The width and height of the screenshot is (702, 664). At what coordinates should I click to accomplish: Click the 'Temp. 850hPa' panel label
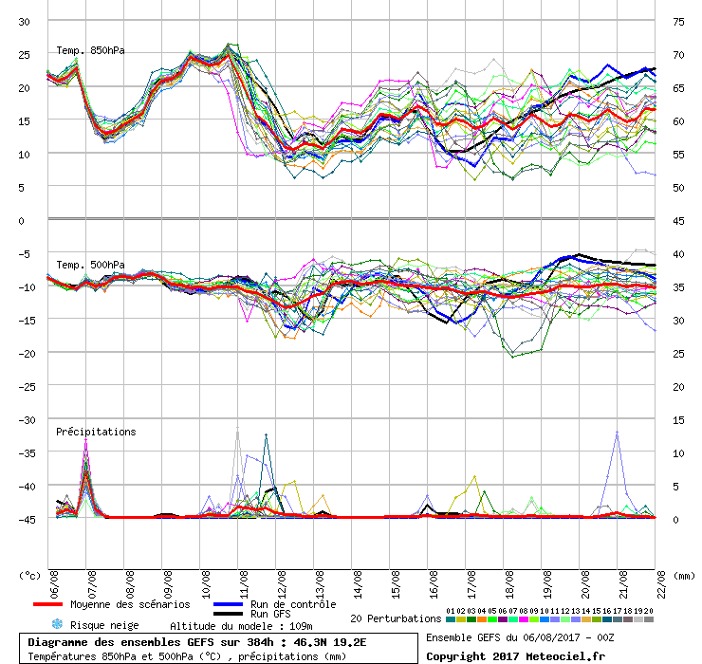click(90, 50)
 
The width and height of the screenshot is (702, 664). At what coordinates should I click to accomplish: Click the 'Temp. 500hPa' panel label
click(90, 265)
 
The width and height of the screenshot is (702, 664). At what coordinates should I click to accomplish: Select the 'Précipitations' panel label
click(96, 432)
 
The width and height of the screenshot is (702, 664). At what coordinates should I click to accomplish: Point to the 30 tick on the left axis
click(26, 21)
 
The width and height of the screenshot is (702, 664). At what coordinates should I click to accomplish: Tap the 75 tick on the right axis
click(678, 21)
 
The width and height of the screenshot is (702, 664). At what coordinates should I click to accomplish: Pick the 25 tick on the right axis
click(678, 353)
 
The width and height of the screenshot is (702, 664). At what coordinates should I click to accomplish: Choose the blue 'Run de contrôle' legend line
click(229, 604)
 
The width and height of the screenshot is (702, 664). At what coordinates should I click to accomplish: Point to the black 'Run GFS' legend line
click(229, 614)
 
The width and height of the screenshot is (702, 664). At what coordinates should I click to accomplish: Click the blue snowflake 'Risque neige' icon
click(57, 624)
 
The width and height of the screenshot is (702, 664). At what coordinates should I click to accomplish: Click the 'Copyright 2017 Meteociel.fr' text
click(515, 655)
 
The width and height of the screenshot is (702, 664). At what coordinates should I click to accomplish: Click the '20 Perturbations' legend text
click(396, 618)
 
